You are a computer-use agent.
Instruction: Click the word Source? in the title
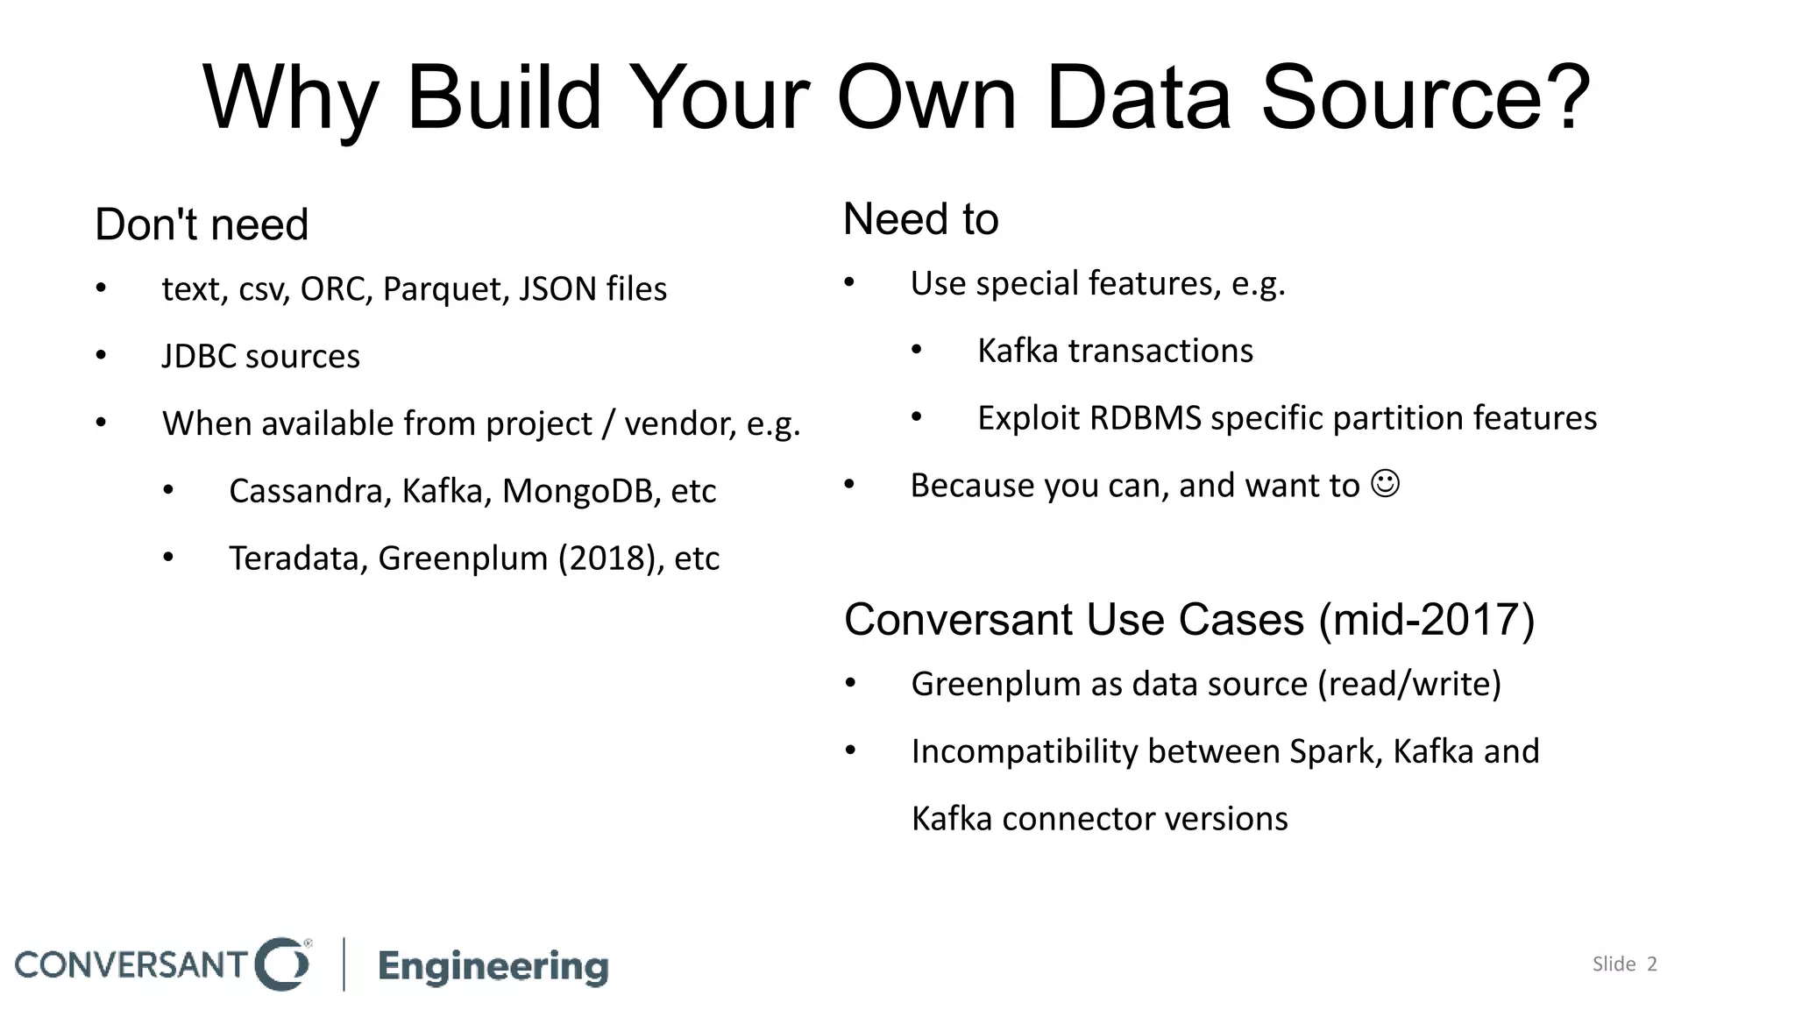click(x=1424, y=98)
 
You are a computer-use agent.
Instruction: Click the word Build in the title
click(x=504, y=98)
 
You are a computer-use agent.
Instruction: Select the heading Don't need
click(x=202, y=224)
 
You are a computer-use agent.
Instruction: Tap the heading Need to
click(x=920, y=219)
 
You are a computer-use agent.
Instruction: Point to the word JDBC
click(x=198, y=357)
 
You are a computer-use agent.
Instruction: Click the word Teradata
click(x=298, y=558)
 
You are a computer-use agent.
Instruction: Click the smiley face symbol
click(x=1385, y=484)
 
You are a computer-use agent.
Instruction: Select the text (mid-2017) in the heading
click(x=1427, y=620)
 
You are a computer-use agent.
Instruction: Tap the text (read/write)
click(x=1409, y=684)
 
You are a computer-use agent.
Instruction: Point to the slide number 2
click(x=1652, y=964)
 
